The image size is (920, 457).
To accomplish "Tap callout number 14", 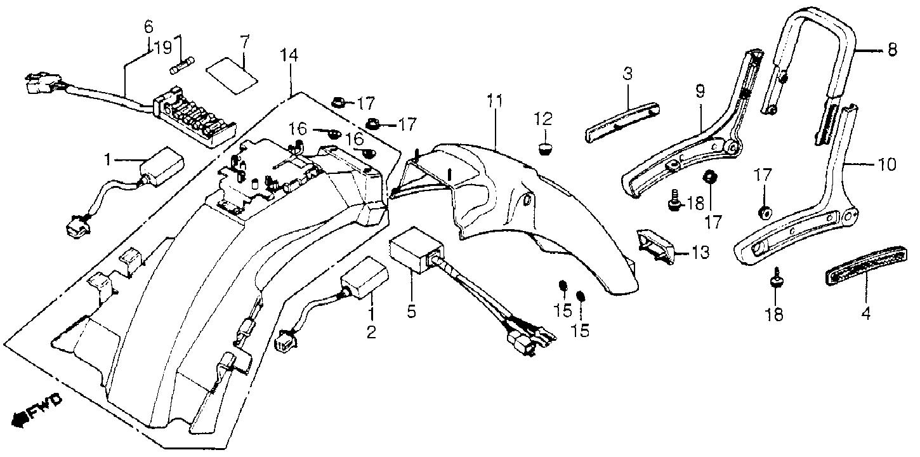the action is point(289,56).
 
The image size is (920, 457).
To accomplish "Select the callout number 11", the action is point(496,101).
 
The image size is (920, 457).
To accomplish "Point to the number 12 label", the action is point(543,119).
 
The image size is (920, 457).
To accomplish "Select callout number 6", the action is point(148,27).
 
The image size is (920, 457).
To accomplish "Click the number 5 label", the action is point(411,311).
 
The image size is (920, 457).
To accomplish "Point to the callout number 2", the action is point(371,332).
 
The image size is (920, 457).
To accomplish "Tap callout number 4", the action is point(865,314).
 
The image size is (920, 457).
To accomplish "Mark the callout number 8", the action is point(892,50).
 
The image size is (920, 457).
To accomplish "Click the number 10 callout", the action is point(887,165).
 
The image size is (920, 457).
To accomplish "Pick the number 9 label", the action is point(700,91).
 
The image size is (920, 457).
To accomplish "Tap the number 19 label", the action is point(163,48).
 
